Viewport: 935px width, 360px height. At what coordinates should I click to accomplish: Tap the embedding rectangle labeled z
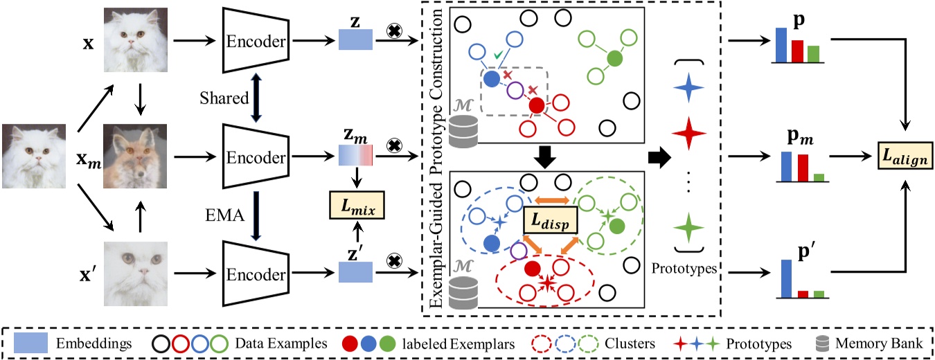coord(356,42)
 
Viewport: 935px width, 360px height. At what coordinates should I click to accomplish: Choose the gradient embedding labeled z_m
coord(356,156)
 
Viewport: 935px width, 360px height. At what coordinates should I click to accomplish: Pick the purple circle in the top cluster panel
coord(515,90)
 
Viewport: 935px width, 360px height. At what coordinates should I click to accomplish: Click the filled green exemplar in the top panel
coord(614,60)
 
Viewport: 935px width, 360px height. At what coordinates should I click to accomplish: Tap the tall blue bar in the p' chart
coord(786,278)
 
